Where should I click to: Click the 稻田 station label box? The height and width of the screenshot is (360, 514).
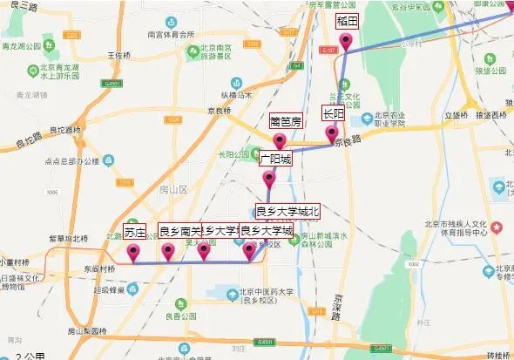(x=348, y=21)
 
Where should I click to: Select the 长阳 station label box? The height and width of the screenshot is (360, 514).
(x=334, y=114)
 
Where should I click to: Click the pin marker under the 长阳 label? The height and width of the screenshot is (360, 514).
(x=332, y=134)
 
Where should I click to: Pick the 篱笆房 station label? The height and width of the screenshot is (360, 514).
(x=286, y=122)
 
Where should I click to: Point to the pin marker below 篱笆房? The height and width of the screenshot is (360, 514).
(x=280, y=141)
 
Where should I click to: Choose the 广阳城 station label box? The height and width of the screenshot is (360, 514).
(x=275, y=160)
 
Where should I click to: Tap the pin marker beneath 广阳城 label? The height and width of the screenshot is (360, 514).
(x=269, y=180)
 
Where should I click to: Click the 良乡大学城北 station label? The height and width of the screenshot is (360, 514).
(x=287, y=211)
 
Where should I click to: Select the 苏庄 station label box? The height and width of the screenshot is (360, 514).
(x=134, y=232)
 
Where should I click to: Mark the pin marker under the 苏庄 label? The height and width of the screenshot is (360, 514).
(x=133, y=253)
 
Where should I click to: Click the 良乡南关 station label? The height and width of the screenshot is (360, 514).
(x=179, y=232)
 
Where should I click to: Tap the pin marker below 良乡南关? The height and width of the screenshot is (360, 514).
(x=169, y=253)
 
